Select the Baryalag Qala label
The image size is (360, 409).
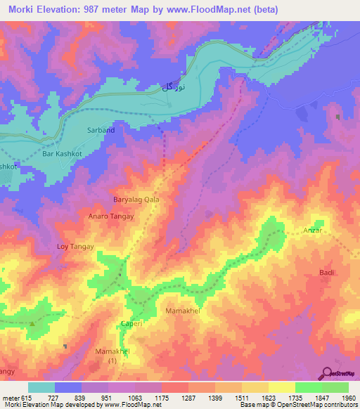(x=136, y=200)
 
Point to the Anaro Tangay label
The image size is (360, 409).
(x=110, y=216)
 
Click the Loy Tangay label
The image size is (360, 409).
(x=75, y=247)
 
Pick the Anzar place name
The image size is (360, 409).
(x=312, y=231)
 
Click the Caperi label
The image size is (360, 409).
(x=133, y=325)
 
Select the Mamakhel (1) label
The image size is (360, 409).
(x=112, y=355)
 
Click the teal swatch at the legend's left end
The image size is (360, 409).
(x=41, y=387)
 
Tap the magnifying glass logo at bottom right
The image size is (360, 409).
(x=328, y=374)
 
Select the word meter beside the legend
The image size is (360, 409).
(x=10, y=397)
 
